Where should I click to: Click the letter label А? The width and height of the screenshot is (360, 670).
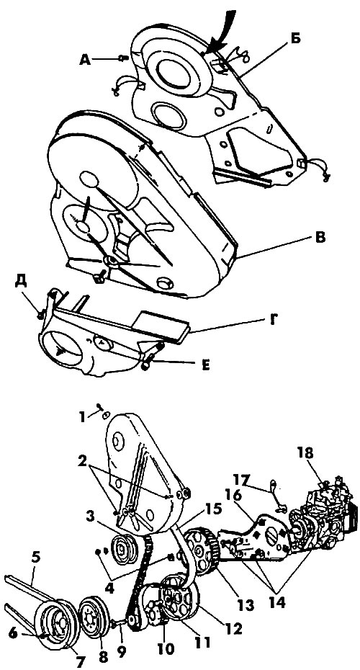click(86, 60)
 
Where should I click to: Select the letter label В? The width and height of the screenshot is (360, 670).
click(319, 237)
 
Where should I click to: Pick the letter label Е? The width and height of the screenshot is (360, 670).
click(206, 366)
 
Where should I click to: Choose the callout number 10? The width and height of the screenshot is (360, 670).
click(166, 648)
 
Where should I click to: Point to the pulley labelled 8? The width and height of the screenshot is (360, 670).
click(94, 615)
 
